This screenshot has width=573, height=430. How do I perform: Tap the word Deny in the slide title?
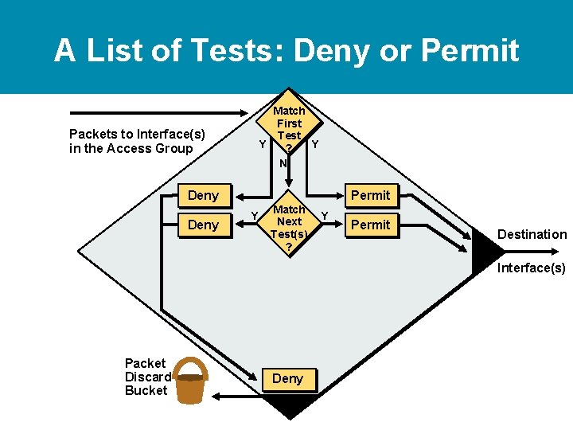(336, 51)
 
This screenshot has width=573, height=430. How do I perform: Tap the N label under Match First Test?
(283, 163)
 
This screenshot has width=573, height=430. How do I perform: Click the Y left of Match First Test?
(262, 144)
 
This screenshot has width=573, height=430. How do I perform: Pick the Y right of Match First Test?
(315, 144)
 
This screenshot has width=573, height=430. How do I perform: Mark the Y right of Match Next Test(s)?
(324, 215)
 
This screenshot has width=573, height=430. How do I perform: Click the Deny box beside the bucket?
(287, 379)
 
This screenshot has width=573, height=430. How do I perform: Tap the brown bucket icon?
(190, 381)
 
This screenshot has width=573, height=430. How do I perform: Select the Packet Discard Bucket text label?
(147, 377)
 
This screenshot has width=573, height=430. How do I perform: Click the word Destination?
(532, 234)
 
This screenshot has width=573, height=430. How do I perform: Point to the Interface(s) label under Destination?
(532, 268)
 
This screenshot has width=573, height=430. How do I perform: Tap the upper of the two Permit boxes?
(370, 195)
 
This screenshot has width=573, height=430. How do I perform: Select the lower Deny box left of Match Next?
(202, 225)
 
